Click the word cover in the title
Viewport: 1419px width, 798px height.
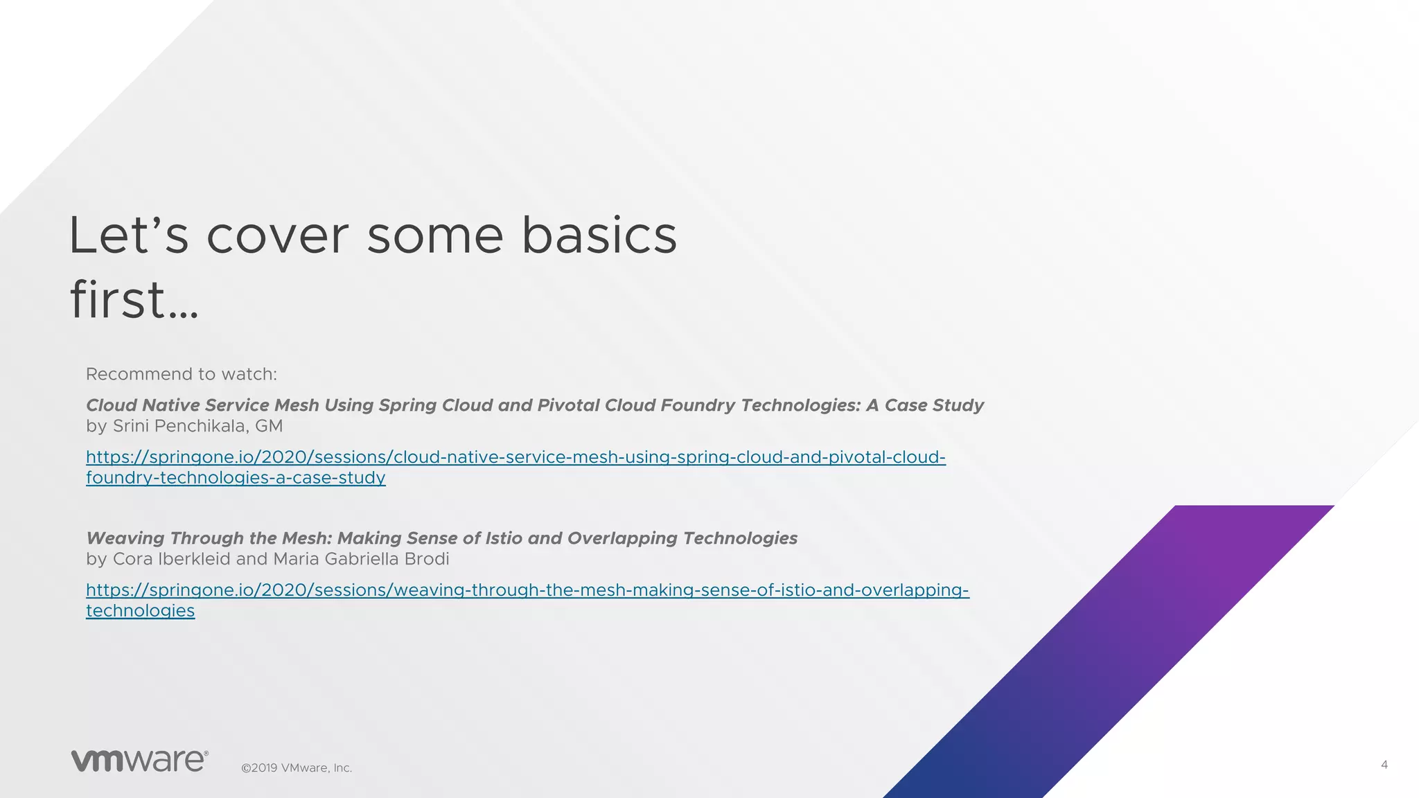click(x=277, y=236)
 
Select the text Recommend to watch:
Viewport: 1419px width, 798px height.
click(x=181, y=374)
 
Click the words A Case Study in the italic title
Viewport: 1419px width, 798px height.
click(x=924, y=405)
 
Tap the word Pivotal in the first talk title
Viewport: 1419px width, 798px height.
click(x=572, y=405)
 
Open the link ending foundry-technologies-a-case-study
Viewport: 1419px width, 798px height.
click(x=236, y=478)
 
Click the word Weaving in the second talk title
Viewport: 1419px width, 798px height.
click(x=125, y=538)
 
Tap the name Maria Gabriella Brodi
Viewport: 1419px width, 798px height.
click(x=360, y=559)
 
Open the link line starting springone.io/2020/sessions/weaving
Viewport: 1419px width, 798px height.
click(x=527, y=590)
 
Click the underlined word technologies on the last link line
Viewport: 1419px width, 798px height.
click(x=140, y=611)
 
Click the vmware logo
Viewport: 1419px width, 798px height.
click(x=139, y=760)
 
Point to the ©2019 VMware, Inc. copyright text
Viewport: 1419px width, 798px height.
click(x=297, y=768)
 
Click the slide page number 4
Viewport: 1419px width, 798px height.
click(x=1384, y=765)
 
